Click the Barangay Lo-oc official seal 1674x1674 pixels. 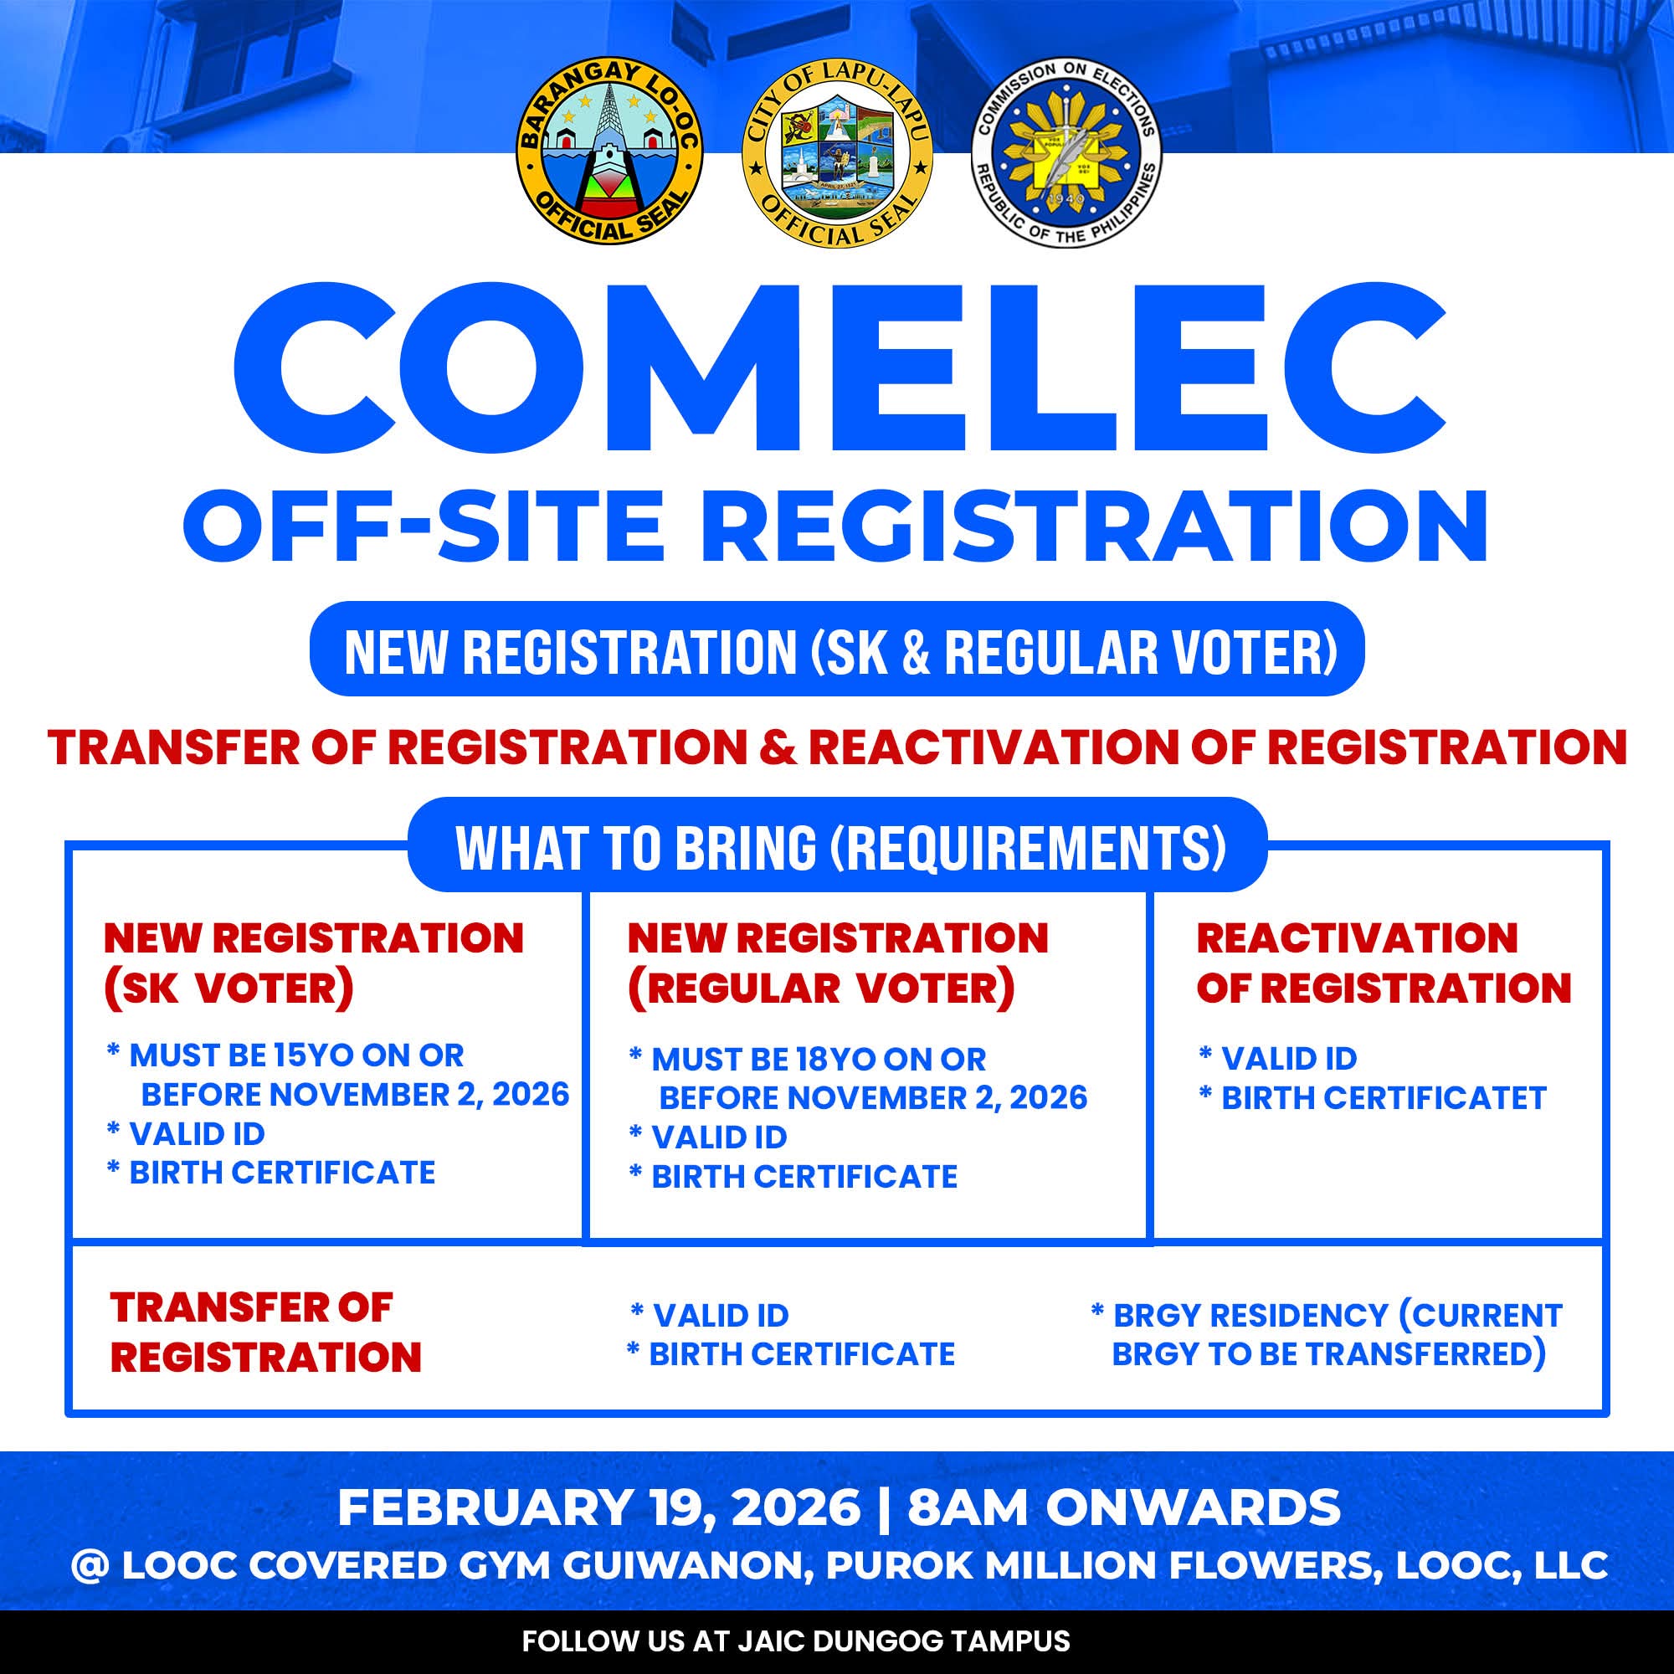(609, 152)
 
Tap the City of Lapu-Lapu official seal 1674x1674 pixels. (837, 154)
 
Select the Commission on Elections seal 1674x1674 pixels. (1066, 152)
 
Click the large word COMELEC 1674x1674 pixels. (839, 367)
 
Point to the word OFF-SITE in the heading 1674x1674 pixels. (423, 526)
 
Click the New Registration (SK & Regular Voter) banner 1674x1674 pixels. (837, 649)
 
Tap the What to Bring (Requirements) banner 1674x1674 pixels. (837, 845)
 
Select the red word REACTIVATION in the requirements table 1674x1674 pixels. (1357, 937)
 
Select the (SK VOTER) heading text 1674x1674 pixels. (229, 988)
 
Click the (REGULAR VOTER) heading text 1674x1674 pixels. (820, 988)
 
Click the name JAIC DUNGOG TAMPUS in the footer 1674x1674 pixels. (904, 1641)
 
